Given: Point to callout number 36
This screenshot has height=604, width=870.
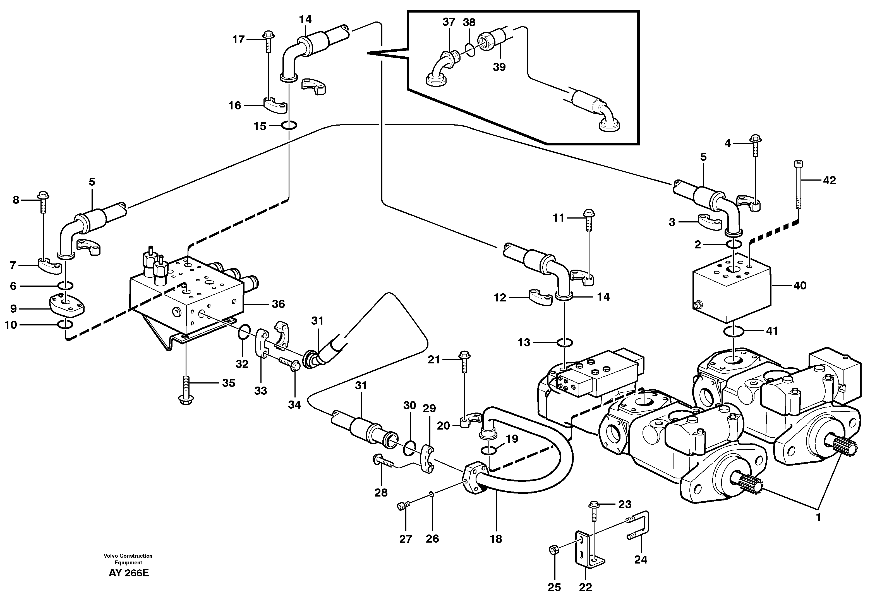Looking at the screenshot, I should coord(278,304).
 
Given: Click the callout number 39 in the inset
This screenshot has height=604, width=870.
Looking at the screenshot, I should coord(499,67).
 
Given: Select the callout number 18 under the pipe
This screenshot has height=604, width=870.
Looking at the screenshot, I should coord(496,539).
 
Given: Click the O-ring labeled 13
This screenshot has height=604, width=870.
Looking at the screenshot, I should coord(564,343).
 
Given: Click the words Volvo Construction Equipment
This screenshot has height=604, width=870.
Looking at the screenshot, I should coord(128,559).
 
